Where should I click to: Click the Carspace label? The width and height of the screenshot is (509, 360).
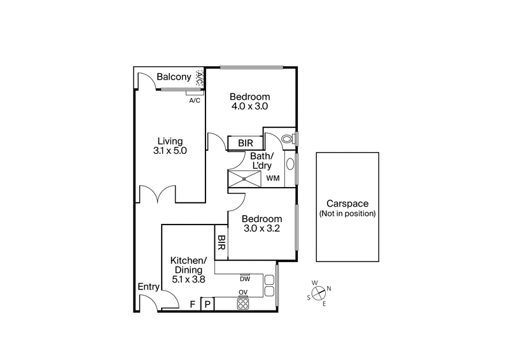click(347, 204)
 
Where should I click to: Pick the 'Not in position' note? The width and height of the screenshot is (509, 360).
click(347, 214)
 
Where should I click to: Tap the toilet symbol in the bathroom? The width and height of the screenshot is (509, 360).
click(287, 138)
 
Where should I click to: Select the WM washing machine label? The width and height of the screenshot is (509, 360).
click(274, 179)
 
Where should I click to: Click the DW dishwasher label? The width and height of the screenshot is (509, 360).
click(244, 279)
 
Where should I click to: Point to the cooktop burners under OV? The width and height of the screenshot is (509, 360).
click(242, 304)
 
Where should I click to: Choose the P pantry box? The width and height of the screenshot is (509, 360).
click(207, 305)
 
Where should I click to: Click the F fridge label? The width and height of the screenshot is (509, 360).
click(192, 305)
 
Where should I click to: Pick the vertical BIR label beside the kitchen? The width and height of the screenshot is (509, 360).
click(221, 242)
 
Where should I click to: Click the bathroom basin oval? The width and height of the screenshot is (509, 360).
click(291, 163)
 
